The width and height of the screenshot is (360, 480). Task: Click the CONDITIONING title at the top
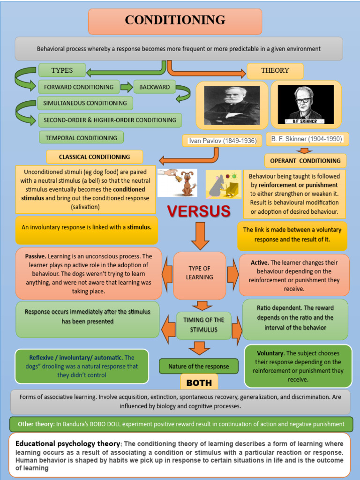175,21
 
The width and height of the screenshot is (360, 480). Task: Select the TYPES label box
62,70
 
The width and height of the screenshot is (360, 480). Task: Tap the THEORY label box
275,71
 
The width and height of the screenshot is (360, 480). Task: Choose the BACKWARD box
155,87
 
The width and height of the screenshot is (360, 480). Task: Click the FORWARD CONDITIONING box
79,87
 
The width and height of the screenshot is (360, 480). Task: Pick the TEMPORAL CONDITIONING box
81,138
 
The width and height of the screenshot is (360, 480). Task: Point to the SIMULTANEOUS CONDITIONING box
85,103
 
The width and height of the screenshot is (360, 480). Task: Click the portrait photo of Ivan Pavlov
232,105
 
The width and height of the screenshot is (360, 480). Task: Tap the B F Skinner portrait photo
306,105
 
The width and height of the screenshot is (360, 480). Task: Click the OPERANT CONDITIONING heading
305,161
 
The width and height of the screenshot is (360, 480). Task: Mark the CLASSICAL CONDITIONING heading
94,157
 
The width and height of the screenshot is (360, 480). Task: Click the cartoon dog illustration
188,183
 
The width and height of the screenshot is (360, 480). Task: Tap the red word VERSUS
199,211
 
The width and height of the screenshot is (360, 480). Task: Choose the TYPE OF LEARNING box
199,273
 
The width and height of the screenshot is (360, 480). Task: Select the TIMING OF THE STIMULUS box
203,324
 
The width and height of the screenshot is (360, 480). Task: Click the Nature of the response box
199,367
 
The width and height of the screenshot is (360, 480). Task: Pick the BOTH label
199,382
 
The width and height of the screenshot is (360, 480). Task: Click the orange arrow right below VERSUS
200,235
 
